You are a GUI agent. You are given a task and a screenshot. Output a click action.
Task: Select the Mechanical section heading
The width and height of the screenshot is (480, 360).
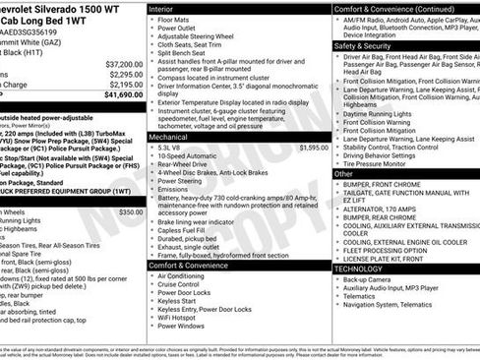tap(170, 138)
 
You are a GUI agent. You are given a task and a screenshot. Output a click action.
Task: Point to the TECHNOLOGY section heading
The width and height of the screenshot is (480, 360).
tap(358, 268)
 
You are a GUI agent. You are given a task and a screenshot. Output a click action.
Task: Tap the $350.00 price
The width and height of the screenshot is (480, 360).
tap(130, 211)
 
